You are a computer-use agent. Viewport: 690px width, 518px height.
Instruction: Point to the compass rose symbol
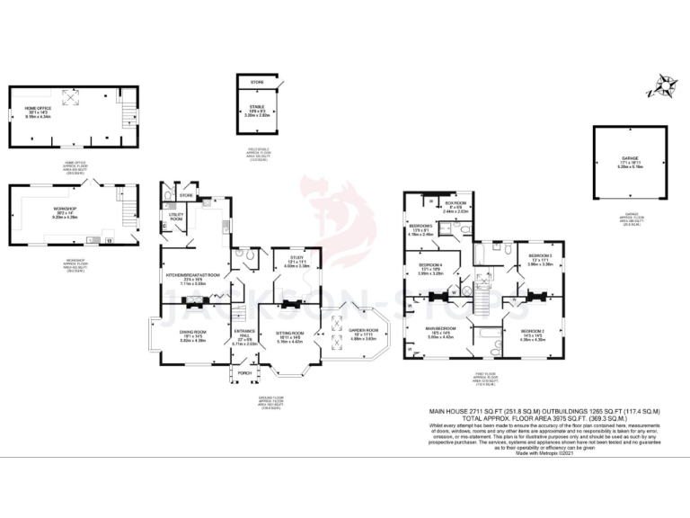point(665,87)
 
